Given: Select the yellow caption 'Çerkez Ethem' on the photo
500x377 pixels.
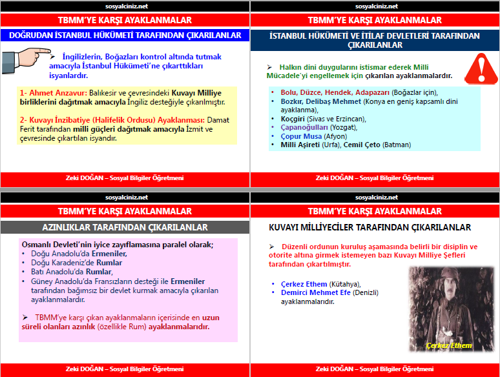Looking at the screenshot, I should click(448, 346).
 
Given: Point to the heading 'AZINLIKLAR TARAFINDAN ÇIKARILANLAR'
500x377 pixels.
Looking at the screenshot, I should click(125, 227).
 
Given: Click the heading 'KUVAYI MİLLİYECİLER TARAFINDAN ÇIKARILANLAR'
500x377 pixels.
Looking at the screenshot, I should click(370, 227).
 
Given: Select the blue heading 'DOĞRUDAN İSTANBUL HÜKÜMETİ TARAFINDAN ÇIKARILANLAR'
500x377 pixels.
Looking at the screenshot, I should click(125, 36).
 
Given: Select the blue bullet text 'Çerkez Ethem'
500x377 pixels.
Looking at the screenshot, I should click(304, 284).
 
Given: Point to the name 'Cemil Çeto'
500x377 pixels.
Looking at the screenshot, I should click(362, 145).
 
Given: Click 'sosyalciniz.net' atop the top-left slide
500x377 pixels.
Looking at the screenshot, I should click(125, 6).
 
